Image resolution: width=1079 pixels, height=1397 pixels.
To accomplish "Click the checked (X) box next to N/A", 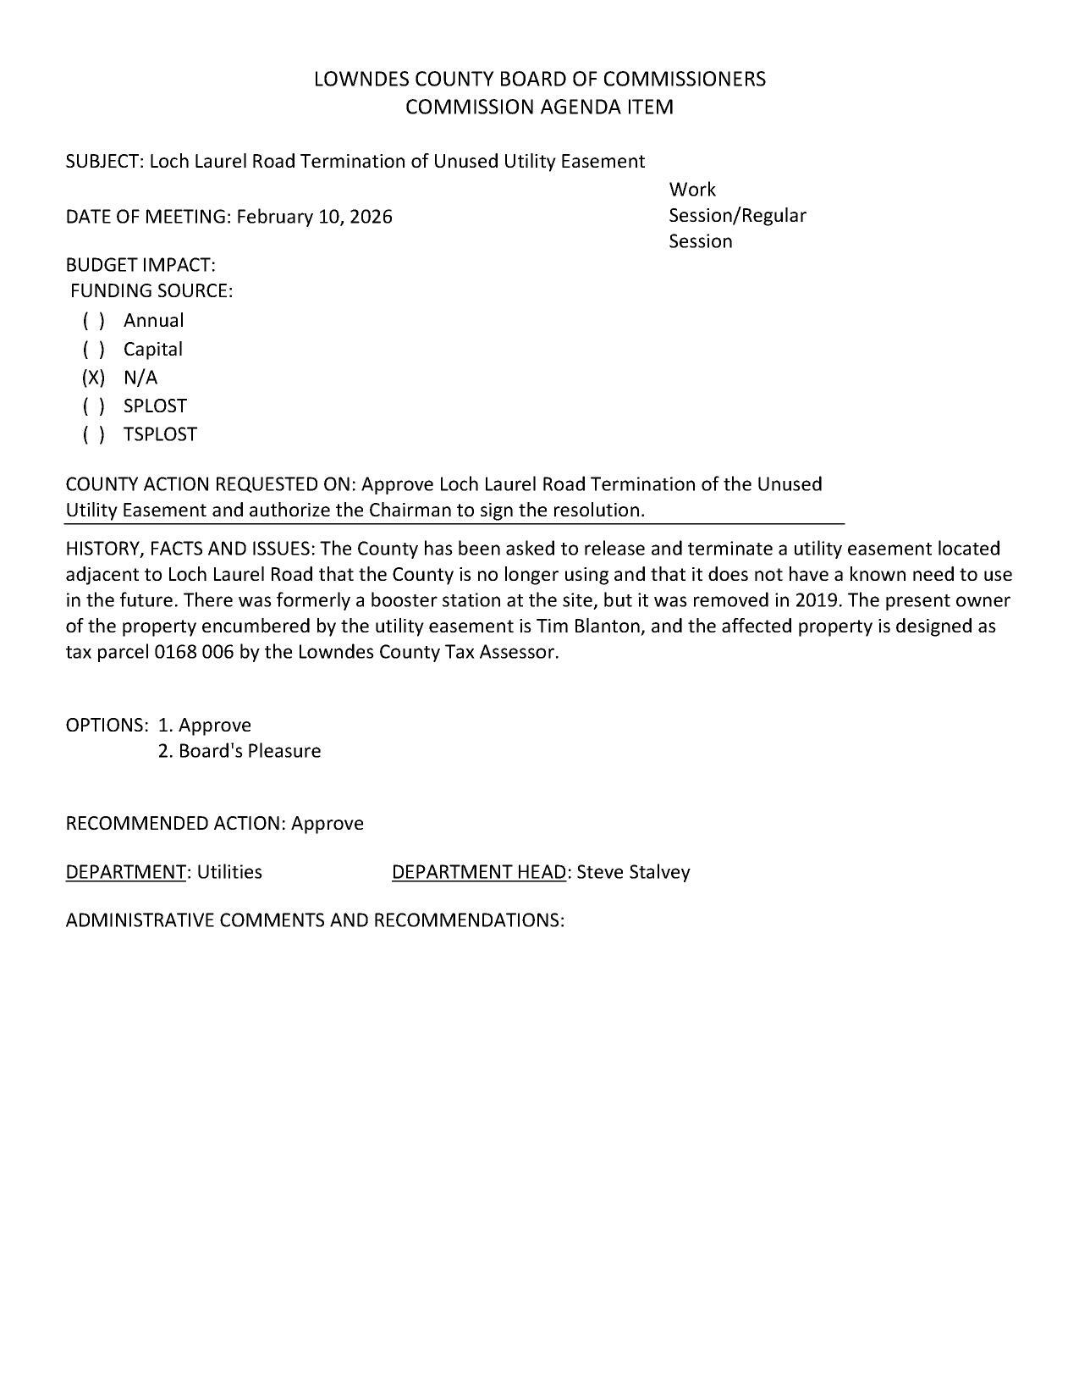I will click(94, 378).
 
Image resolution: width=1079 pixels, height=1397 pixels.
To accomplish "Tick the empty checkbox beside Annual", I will click(94, 321).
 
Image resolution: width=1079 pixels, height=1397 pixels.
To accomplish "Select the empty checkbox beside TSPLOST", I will click(94, 434).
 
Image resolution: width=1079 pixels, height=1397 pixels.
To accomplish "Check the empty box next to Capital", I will click(94, 350).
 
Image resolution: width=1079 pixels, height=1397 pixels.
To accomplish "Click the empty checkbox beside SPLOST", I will click(94, 406).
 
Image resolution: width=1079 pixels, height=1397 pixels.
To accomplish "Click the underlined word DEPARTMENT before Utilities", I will click(125, 872).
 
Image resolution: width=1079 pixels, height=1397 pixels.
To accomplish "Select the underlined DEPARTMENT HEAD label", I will click(479, 872).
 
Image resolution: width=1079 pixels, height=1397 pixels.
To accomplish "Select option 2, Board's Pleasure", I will click(239, 751).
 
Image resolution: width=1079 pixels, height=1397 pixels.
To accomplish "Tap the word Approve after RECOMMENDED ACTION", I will click(328, 824).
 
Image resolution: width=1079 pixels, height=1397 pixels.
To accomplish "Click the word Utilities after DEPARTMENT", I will click(229, 872).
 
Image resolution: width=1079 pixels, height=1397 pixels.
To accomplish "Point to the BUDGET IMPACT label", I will click(140, 265).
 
